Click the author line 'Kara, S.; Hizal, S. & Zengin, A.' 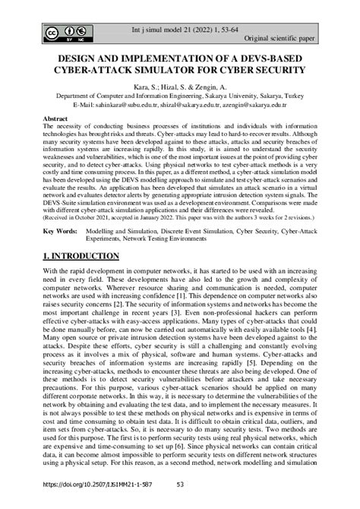click(x=179, y=88)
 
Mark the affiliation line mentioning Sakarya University click(x=179, y=97)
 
